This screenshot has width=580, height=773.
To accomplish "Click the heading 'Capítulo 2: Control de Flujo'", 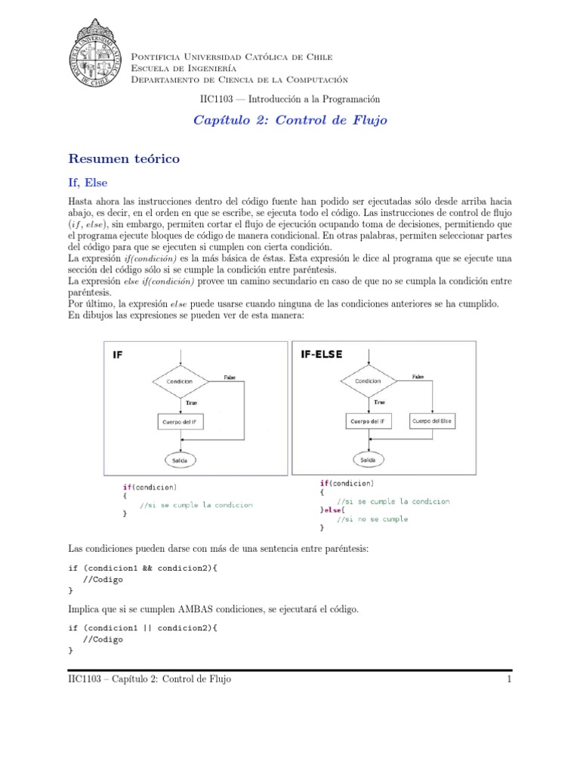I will click(292, 121).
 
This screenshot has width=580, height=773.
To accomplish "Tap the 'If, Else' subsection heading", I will click(89, 183).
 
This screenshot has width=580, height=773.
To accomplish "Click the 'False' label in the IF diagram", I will click(230, 377).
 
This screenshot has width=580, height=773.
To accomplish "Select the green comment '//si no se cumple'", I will click(372, 519).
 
